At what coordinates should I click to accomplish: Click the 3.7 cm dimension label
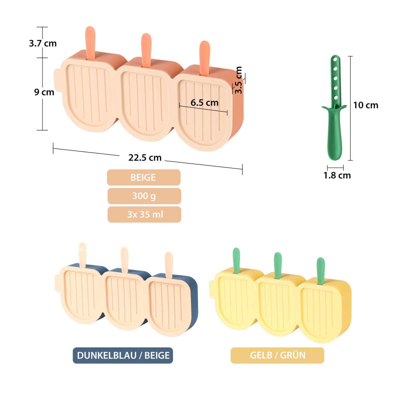(x=43, y=44)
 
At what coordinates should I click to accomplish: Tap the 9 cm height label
(x=44, y=92)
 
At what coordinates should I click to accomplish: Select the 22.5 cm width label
(x=145, y=158)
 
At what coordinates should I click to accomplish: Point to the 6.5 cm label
(x=204, y=103)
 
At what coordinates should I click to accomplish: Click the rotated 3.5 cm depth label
(x=239, y=80)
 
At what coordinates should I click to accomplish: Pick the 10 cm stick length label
(x=366, y=105)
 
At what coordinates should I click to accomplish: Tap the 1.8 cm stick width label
(x=337, y=176)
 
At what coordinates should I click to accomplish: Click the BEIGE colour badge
(x=144, y=177)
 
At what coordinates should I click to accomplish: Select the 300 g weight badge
(x=144, y=196)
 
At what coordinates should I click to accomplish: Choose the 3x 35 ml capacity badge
(x=144, y=214)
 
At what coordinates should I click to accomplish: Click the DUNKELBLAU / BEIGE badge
(x=123, y=355)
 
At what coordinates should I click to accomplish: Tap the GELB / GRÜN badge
(x=277, y=355)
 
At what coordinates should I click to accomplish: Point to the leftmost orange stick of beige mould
(x=91, y=43)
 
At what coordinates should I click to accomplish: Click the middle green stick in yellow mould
(x=278, y=265)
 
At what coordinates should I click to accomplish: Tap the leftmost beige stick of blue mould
(x=83, y=255)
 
